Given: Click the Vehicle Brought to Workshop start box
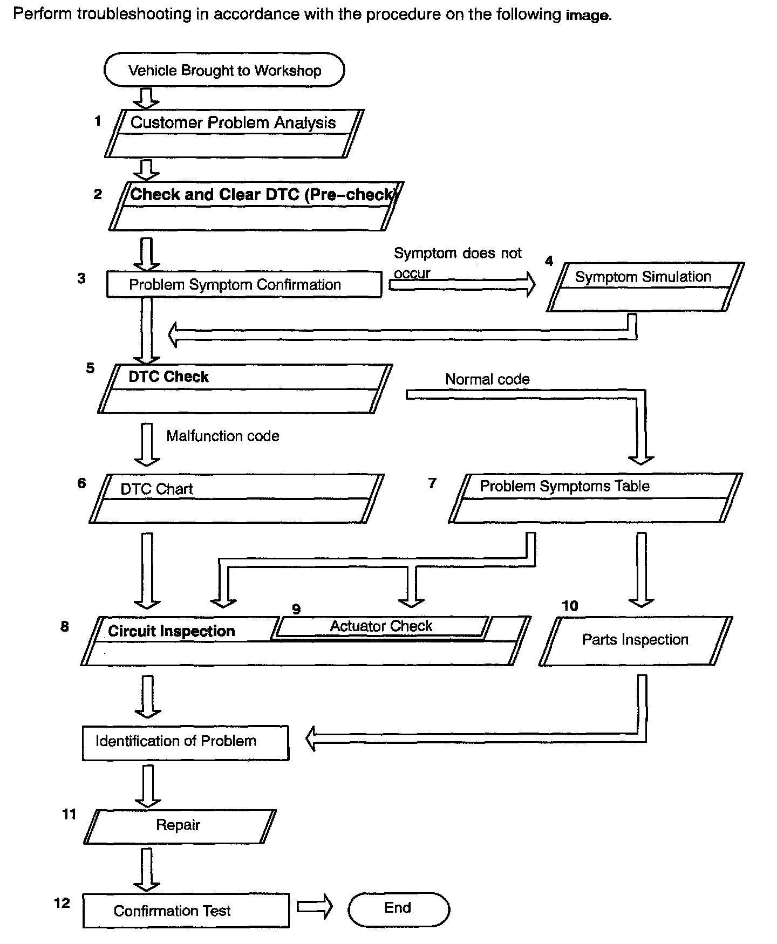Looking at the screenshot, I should [x=224, y=70].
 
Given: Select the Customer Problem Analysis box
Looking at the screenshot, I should [x=234, y=133].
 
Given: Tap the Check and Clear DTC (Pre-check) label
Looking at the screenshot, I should [x=263, y=195].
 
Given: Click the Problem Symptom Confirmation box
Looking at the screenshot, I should [x=244, y=284].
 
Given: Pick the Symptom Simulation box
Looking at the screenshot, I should [x=645, y=286].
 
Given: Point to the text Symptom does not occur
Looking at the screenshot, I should [x=457, y=262].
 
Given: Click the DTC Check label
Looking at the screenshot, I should [x=168, y=377].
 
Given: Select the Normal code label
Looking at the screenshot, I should [x=487, y=379].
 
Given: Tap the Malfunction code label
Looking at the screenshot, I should [x=222, y=436].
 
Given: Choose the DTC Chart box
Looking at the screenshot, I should [x=236, y=498].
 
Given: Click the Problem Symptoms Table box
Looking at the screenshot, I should [x=595, y=498].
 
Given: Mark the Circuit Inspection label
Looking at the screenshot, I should [x=171, y=631].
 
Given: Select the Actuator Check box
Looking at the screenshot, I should [x=381, y=626].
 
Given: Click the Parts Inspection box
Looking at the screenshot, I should [x=635, y=640].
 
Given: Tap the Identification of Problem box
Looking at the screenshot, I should [x=185, y=742].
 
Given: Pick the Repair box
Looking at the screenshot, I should [x=179, y=826].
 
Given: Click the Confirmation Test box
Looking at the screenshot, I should [x=186, y=911].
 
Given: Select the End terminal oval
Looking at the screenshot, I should [x=398, y=909].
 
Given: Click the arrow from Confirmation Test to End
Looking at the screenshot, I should [x=315, y=907].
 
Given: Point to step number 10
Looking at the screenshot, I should [x=570, y=606].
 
